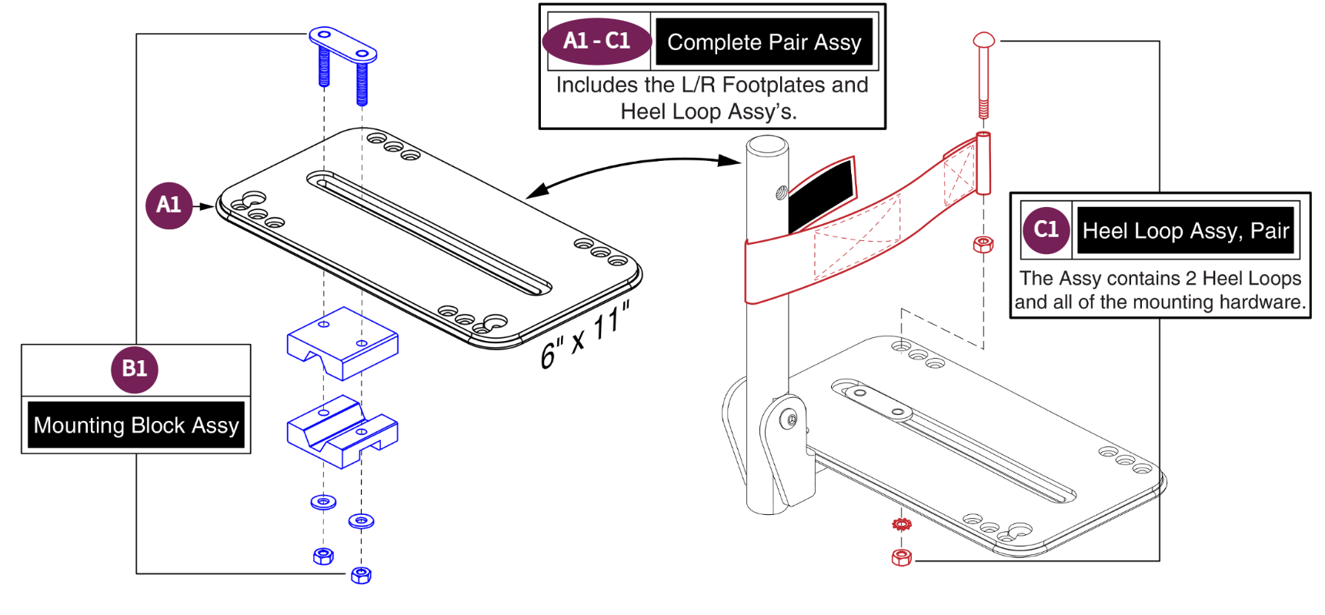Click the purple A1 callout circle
pos(169,206)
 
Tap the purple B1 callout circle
pos(135,369)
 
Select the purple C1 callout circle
pos(1046,230)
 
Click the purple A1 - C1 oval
pos(596,41)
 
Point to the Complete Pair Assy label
pos(763,42)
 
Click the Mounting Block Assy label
pos(136,425)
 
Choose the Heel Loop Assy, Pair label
pos(1185,231)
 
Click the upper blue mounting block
pos(342,343)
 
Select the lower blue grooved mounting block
pos(342,433)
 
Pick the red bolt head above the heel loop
pos(983,40)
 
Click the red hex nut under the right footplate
pos(902,557)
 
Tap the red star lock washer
pos(902,525)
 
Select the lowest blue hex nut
pos(361,575)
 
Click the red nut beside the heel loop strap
pos(983,245)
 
